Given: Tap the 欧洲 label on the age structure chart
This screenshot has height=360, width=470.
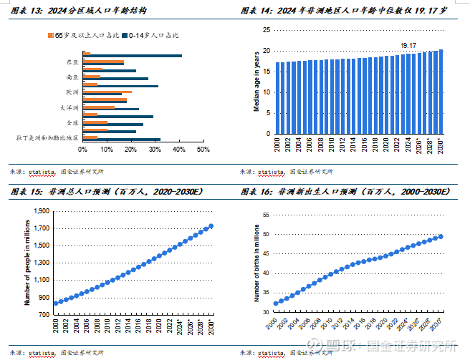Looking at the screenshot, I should tap(72, 92).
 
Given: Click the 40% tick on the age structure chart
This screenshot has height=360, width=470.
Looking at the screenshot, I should tap(179, 150).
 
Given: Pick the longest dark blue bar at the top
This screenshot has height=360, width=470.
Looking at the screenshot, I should tap(133, 56).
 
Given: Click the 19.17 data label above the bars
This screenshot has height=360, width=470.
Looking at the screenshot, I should tap(408, 46).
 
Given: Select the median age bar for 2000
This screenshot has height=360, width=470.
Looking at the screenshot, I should tap(278, 97).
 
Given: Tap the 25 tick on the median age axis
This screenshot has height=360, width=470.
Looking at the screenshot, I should tap(266, 30).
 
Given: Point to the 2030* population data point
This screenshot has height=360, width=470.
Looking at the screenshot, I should tap(211, 226).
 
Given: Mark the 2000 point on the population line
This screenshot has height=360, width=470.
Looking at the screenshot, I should tap(55, 303).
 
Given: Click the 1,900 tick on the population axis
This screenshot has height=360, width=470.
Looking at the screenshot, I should tap(42, 211).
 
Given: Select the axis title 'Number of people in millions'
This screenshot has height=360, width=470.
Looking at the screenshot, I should tap(27, 260).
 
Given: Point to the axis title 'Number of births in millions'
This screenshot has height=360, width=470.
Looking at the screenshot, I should tap(256, 262).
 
